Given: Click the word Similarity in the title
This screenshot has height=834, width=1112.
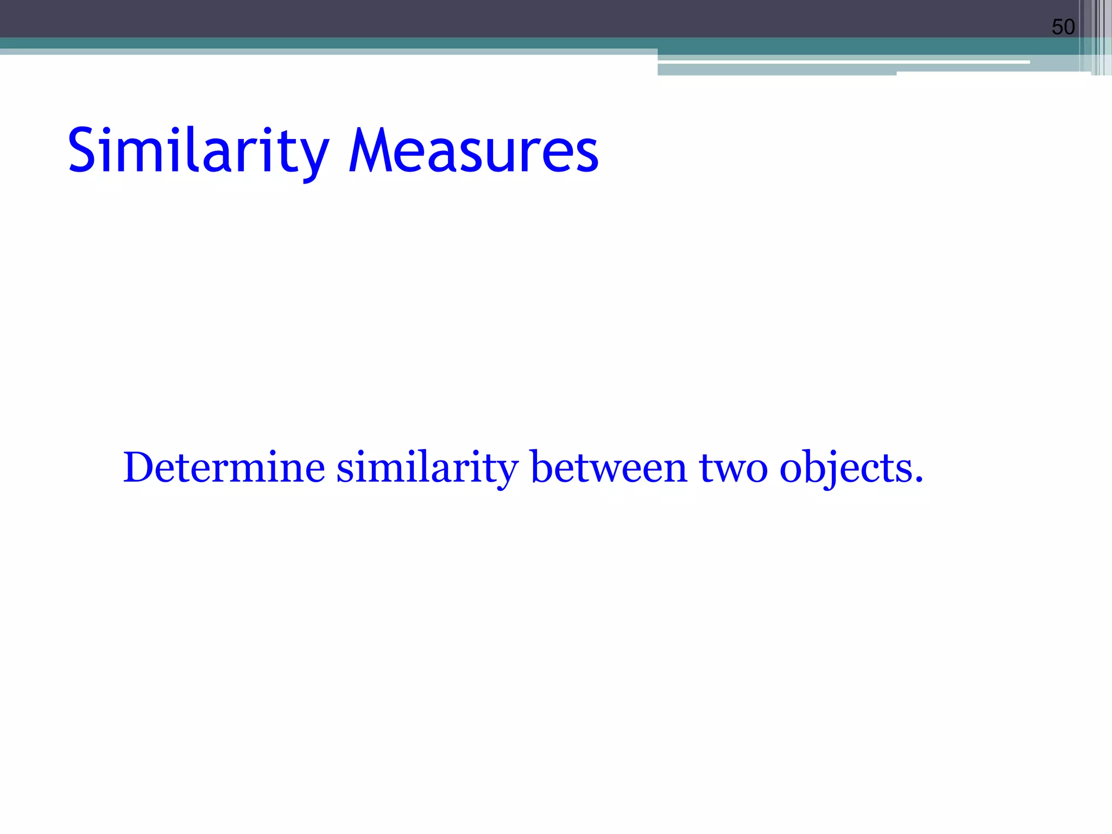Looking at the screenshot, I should point(198,150).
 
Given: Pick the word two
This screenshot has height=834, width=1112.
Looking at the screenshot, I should point(733,468).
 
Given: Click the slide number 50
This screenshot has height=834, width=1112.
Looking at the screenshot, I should point(1063,27).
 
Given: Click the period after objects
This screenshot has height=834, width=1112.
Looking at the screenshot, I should point(918,479).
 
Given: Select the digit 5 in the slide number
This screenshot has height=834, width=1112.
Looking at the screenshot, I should point(1057,27).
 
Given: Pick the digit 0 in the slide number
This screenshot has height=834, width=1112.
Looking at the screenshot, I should point(1069,27).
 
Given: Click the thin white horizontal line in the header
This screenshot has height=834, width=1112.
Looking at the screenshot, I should point(842,62).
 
